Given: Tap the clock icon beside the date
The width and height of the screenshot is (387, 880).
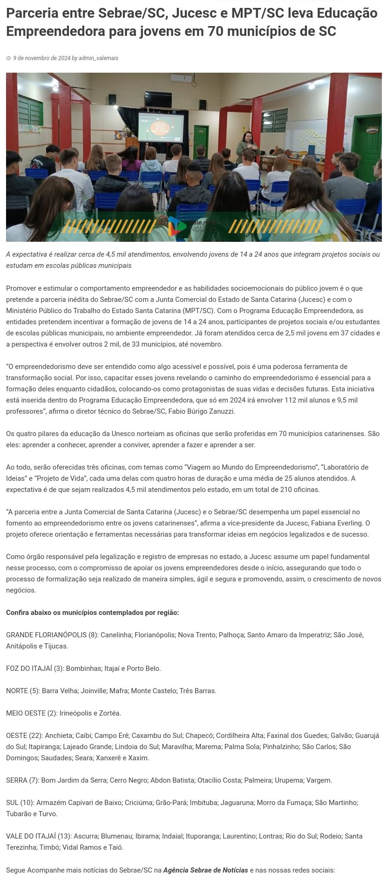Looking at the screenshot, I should click(8, 59).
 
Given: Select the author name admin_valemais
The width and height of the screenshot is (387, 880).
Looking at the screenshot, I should click(98, 58).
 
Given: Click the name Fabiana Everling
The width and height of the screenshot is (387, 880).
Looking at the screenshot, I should click(338, 523).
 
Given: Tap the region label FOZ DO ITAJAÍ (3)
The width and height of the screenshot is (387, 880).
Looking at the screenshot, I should click(35, 669).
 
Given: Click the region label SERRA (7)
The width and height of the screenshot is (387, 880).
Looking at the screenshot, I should click(22, 780).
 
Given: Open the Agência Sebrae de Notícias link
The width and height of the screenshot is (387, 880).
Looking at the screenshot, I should click(205, 870).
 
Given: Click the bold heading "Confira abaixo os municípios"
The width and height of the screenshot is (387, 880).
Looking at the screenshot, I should click(92, 613).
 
